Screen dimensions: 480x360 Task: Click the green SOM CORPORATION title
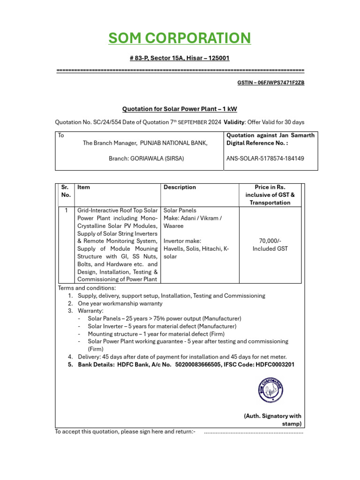pos(180,38)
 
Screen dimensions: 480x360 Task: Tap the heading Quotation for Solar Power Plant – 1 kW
pos(180,109)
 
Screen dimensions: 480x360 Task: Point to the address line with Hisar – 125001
pos(180,58)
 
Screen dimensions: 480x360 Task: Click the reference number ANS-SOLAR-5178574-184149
pos(265,158)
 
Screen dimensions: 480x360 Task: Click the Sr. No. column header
pos(66,191)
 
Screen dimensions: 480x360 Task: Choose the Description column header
pos(180,187)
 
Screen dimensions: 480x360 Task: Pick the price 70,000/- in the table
pos(270,240)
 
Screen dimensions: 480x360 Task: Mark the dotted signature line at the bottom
pos(254,432)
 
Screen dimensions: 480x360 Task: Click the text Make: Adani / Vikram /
pos(193,218)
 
